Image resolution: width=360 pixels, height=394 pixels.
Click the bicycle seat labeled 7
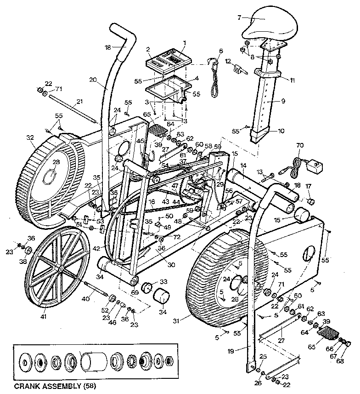264,26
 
